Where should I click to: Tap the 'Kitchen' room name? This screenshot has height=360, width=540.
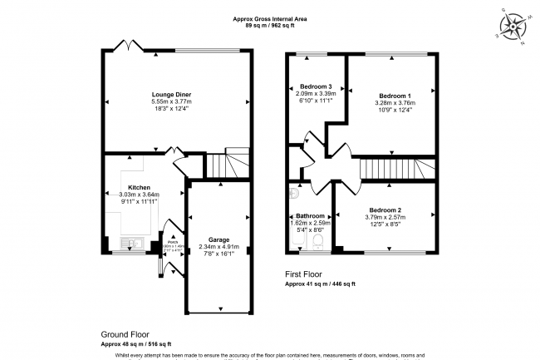pyautogui.click(x=138, y=187)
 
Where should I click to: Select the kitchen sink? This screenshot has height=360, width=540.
pyautogui.click(x=133, y=244)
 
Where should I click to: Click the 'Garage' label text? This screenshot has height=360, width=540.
pyautogui.click(x=219, y=239)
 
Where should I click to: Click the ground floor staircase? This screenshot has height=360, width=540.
pyautogui.click(x=225, y=165)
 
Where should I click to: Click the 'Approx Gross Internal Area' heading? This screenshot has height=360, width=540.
pyautogui.click(x=270, y=17)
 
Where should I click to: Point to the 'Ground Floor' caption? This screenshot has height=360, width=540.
pyautogui.click(x=125, y=335)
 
